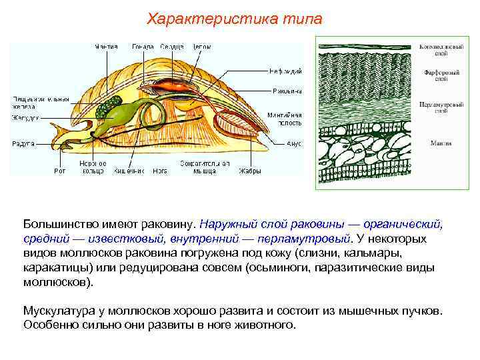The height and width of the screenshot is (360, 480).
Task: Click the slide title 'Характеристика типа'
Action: click(x=234, y=19)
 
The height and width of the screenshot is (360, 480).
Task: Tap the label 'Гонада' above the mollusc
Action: click(x=143, y=47)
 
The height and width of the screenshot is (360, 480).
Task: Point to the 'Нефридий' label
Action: click(x=286, y=70)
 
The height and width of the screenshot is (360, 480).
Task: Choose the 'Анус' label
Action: click(x=294, y=143)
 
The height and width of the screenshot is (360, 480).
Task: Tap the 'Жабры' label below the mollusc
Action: click(x=249, y=171)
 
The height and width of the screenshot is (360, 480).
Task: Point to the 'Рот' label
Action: click(x=60, y=171)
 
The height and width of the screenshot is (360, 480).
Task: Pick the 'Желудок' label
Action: click(x=25, y=117)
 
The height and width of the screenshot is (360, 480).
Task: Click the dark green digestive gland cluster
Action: click(x=106, y=106)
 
